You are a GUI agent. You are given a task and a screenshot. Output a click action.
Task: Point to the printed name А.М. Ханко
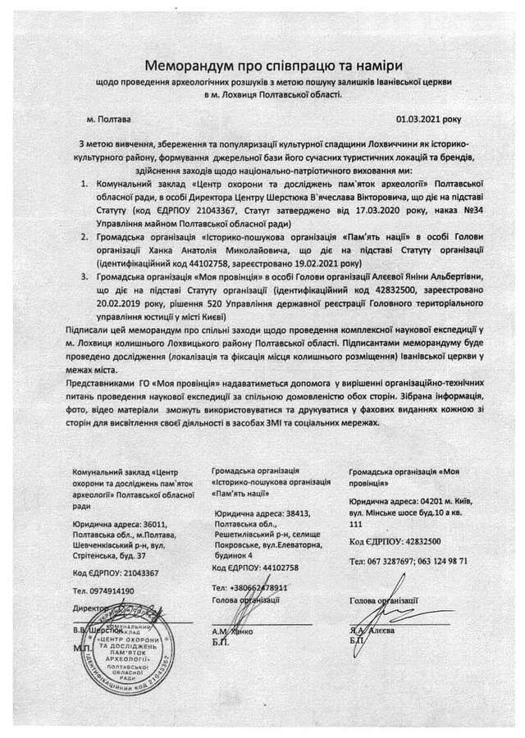(236, 631)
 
